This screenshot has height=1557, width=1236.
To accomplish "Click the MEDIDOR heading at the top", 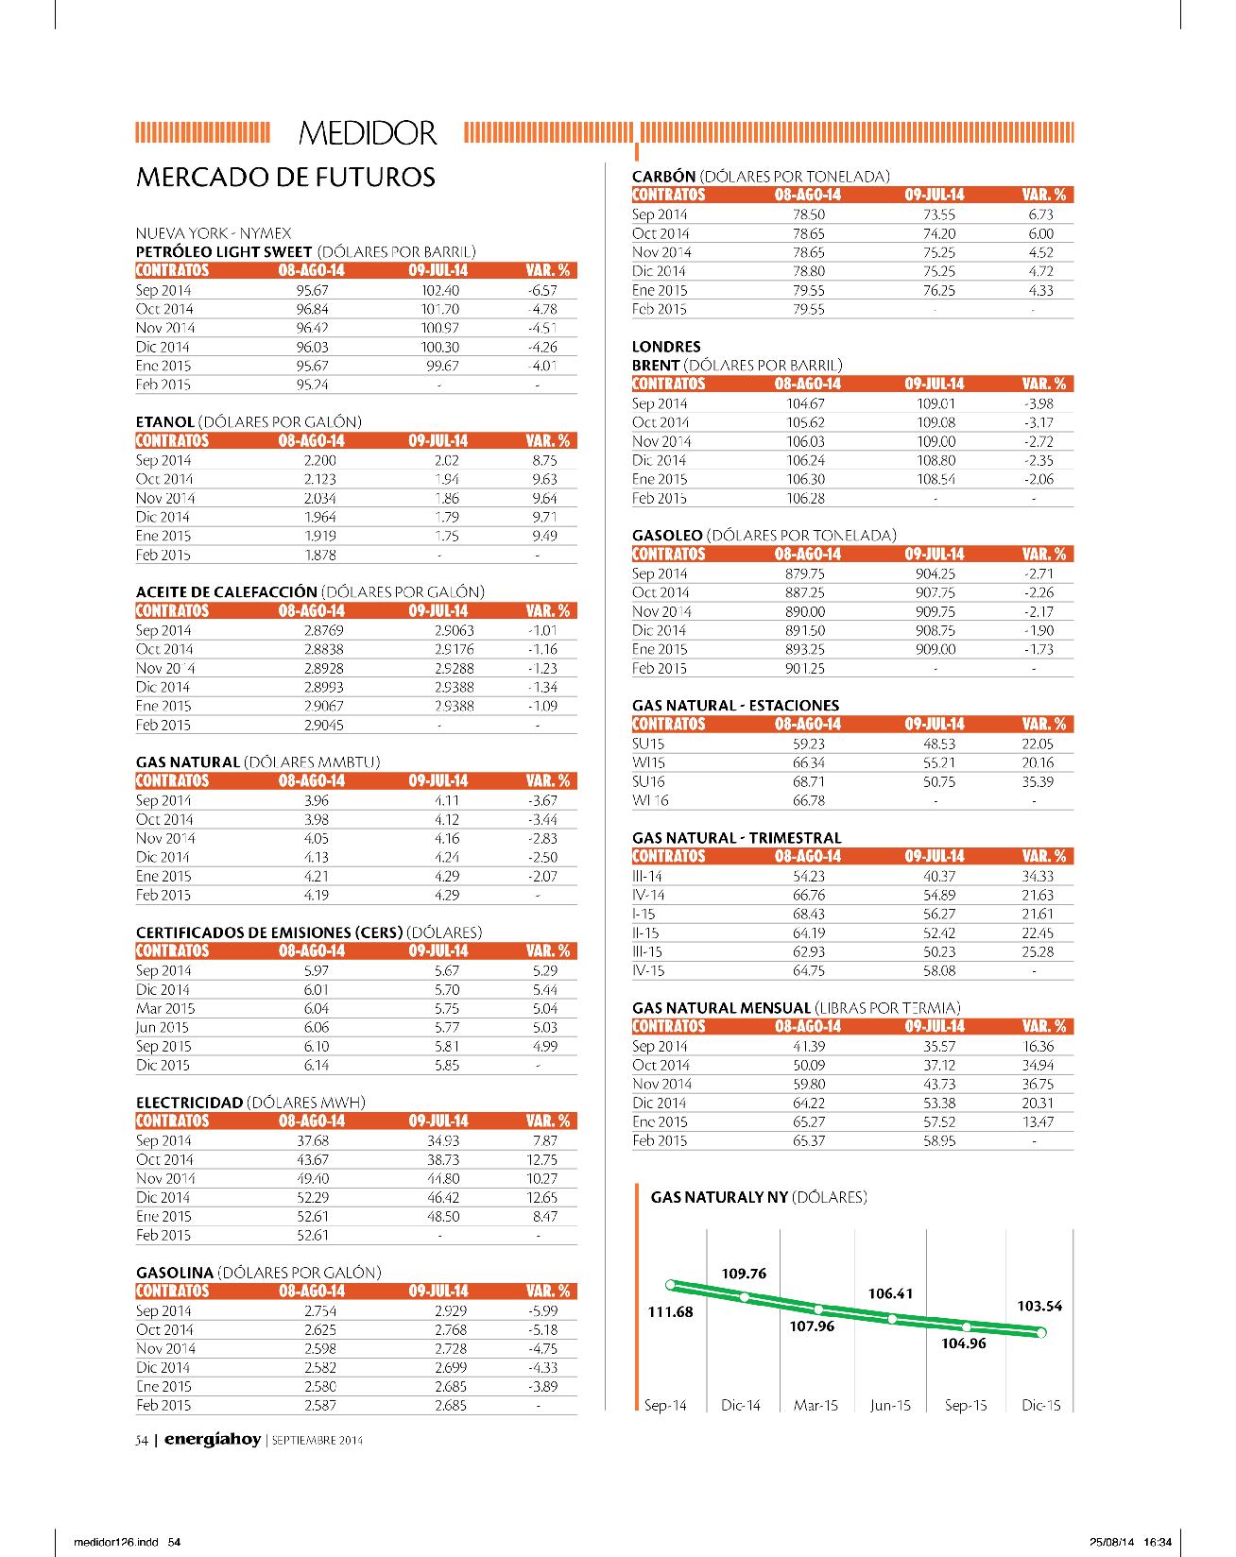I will point(368,133).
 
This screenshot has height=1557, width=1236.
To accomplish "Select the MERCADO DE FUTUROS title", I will point(286,177).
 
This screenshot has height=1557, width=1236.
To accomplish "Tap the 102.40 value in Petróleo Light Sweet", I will point(439,290).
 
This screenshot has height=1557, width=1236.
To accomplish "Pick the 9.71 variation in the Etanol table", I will point(544,517).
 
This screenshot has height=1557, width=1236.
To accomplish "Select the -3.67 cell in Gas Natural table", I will point(542,800).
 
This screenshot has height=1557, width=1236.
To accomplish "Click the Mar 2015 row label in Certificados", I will point(165,1008).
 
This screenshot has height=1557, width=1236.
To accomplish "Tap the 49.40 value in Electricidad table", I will point(313,1178).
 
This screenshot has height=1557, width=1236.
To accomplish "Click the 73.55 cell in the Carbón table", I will point(939,214).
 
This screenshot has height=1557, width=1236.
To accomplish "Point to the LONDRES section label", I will point(666,347).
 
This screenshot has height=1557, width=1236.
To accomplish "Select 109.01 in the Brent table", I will point(936,403).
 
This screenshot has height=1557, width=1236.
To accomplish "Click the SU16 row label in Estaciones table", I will point(648,781).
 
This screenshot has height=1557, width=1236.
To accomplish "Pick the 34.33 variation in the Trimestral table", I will point(1038,876).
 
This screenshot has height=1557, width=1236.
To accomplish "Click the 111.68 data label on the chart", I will point(670,1311).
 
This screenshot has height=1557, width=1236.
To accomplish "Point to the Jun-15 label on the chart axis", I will point(890,1405).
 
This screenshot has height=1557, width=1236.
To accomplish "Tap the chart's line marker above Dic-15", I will point(1041,1332).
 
